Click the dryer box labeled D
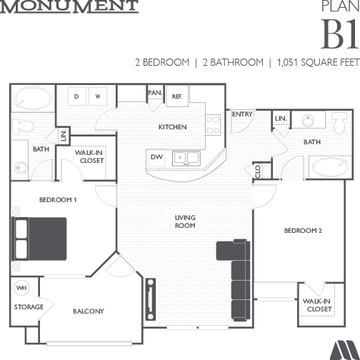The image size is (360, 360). (x=76, y=96)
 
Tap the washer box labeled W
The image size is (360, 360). (x=98, y=96)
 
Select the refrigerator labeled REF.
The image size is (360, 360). (x=177, y=96)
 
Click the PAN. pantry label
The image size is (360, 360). (x=155, y=93)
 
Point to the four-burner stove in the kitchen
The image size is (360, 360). (x=213, y=125)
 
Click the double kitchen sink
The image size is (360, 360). (x=186, y=158)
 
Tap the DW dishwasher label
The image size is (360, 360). (x=156, y=157)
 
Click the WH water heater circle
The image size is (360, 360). (x=21, y=288)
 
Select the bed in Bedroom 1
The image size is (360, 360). (x=39, y=239)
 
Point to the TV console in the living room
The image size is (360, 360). (x=151, y=299)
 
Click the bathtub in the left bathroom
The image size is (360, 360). (x=33, y=99)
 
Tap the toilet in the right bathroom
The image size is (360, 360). (x=340, y=122)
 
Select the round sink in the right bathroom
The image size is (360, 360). (x=308, y=121)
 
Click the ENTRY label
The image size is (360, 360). (x=242, y=114)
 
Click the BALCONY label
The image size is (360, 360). (x=89, y=311)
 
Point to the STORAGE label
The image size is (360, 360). (x=29, y=307)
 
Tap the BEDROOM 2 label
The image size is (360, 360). (x=303, y=231)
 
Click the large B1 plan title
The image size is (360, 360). (x=340, y=34)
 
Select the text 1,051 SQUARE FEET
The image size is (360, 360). (x=319, y=62)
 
